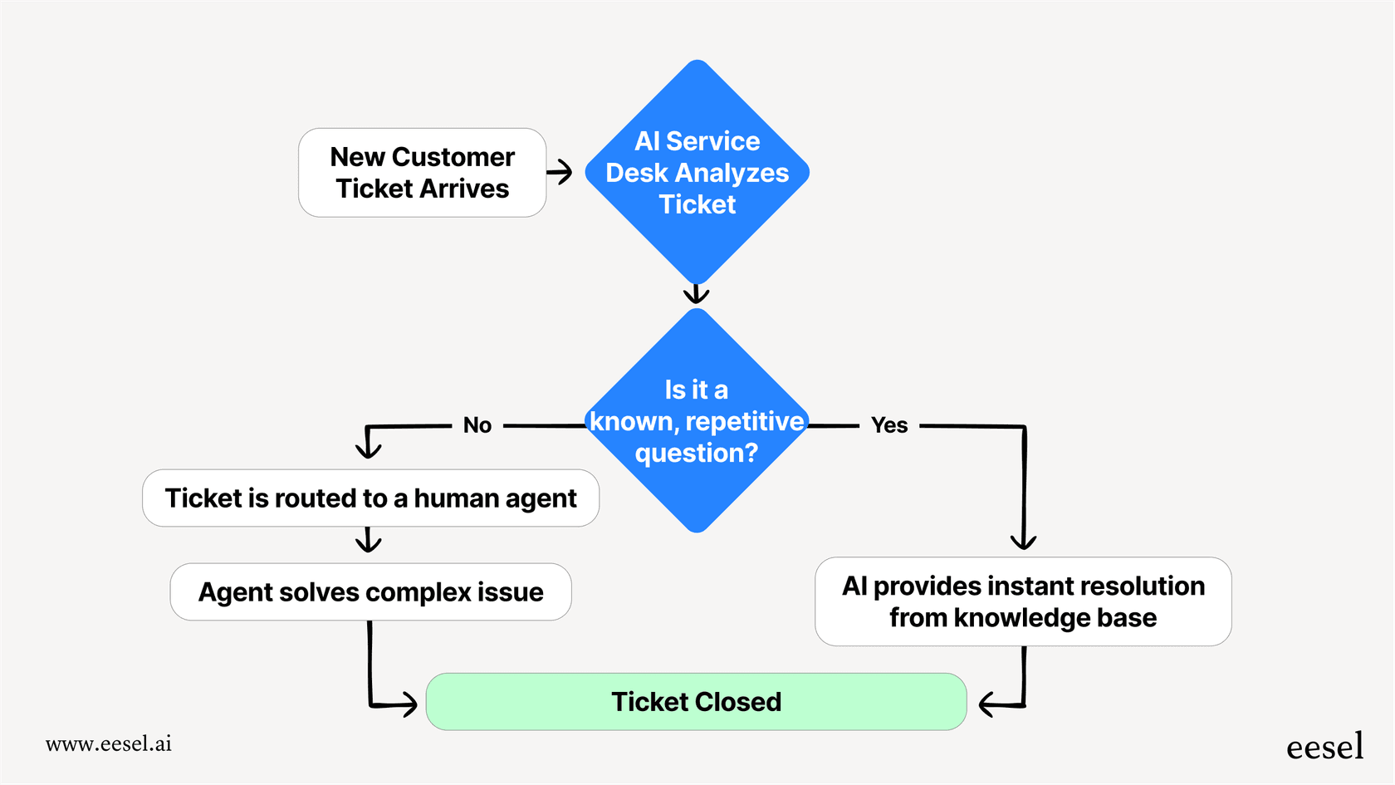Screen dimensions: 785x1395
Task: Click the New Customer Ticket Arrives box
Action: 422,173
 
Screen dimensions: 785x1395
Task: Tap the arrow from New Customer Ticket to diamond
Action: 560,172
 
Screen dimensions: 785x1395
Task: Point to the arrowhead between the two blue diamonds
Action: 696,295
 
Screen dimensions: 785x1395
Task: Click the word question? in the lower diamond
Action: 696,454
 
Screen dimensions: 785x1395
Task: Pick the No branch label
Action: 477,425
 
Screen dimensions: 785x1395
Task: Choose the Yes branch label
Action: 889,425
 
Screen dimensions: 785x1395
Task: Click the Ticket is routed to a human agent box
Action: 370,498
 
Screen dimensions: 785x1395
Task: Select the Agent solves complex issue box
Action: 370,592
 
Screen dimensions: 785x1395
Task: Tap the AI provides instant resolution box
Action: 1023,601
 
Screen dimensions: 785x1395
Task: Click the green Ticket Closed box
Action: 696,702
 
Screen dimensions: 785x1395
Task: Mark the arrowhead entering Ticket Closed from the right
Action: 987,705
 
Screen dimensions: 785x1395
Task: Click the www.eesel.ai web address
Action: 109,743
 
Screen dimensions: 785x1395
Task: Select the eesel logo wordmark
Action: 1324,747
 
